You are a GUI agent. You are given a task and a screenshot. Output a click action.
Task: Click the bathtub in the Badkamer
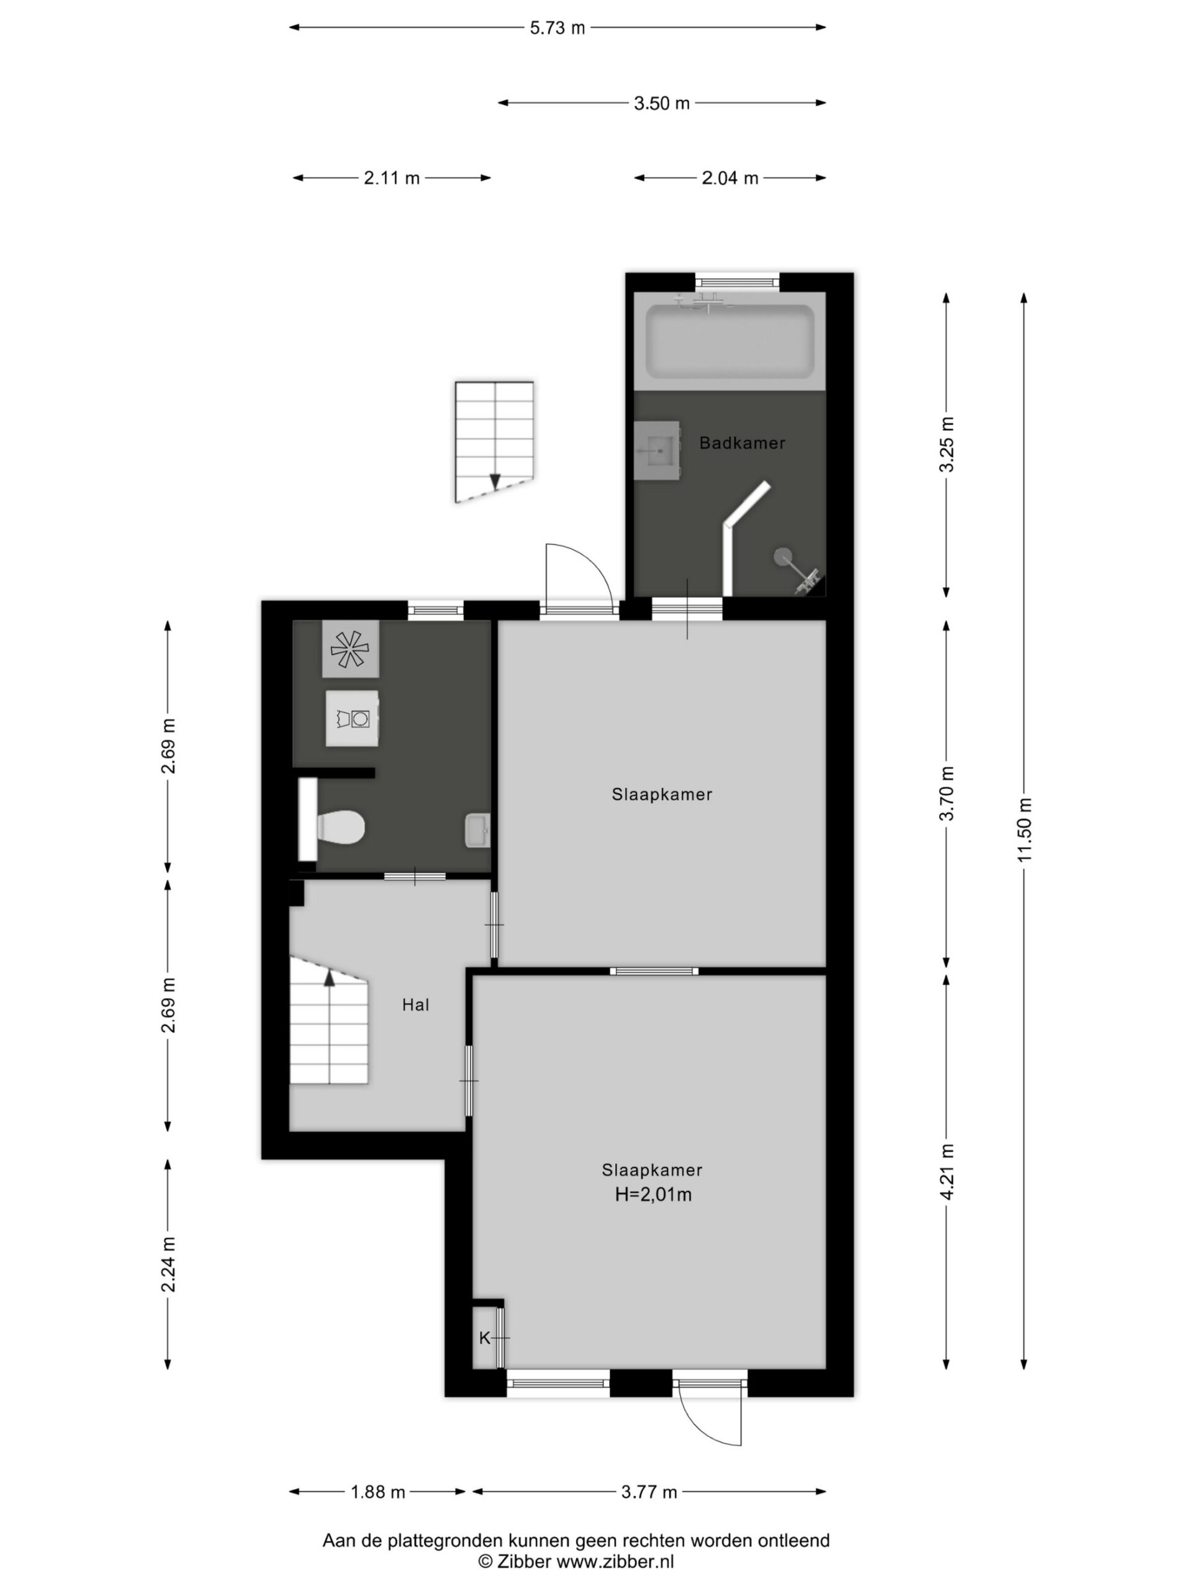[729, 341]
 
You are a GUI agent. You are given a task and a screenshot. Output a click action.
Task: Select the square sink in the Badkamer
[657, 451]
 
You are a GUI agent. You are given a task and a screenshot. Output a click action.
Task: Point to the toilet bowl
[342, 827]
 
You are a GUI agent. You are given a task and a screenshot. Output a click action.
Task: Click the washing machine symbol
[352, 718]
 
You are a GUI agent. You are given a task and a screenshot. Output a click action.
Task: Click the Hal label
[415, 1005]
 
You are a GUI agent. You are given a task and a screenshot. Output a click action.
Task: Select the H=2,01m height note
[652, 1194]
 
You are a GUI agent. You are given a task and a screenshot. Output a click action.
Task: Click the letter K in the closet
[484, 1338]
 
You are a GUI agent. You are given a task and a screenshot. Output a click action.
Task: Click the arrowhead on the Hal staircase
[329, 976]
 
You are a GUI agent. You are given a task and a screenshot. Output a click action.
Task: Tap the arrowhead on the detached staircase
[494, 482]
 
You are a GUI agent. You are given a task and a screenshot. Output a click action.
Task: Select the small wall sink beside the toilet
[477, 830]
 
